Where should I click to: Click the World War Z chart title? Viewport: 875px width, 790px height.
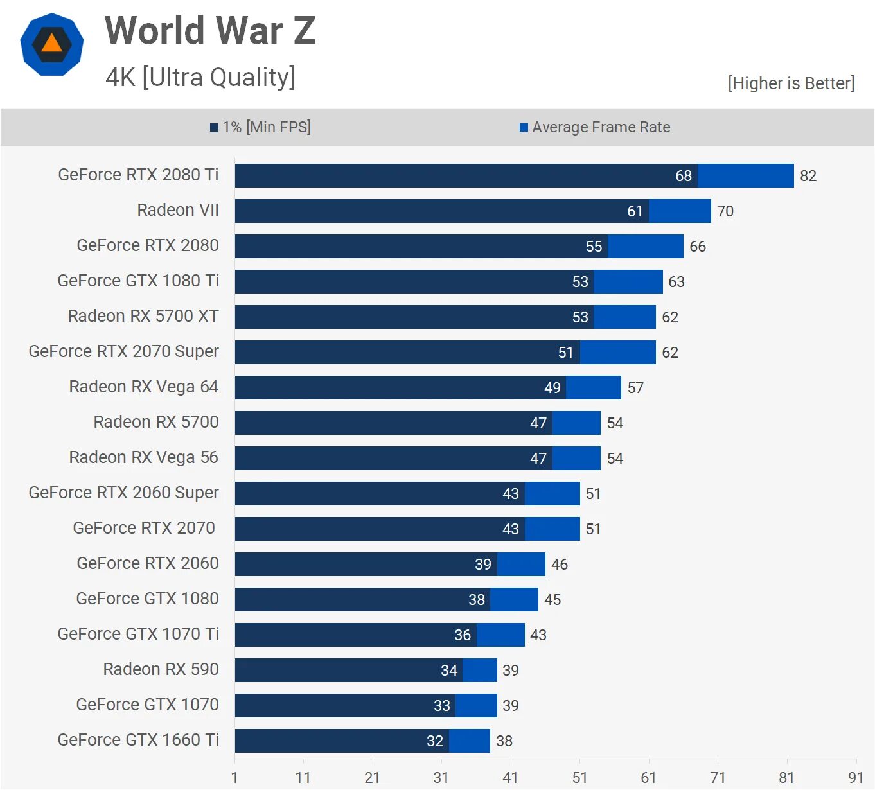210,30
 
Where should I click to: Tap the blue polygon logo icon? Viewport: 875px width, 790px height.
52,44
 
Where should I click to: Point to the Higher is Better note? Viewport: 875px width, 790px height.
791,83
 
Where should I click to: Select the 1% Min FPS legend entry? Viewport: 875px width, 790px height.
261,127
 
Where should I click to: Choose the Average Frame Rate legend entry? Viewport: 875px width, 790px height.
595,127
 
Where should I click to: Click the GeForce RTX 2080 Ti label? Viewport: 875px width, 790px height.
138,175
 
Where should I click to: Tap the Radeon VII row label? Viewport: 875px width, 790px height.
178,210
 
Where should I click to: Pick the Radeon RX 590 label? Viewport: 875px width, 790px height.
161,669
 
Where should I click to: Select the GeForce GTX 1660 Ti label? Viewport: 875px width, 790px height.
138,740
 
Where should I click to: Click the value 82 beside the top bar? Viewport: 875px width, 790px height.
808,176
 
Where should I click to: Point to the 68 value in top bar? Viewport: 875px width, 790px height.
684,176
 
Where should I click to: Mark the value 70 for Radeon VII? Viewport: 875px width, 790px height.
725,211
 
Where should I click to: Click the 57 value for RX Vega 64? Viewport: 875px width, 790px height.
635,388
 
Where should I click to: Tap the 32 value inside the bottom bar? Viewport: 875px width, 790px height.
435,741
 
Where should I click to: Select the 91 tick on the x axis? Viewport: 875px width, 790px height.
856,778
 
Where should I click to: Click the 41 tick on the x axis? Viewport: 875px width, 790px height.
510,778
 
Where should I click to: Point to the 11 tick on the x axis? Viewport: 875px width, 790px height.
303,778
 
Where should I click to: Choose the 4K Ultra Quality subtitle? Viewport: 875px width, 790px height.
200,77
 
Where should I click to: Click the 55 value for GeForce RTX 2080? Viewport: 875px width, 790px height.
594,247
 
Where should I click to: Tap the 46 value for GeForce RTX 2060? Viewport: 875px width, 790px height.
560,565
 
